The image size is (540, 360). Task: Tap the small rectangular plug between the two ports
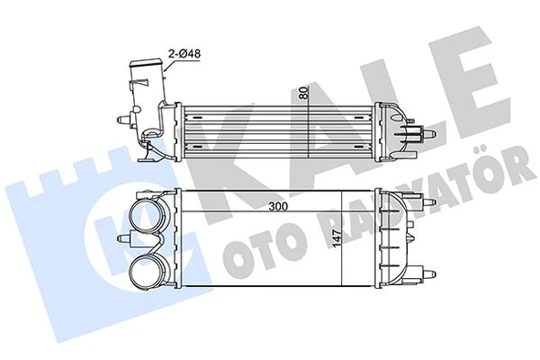[138, 242]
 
